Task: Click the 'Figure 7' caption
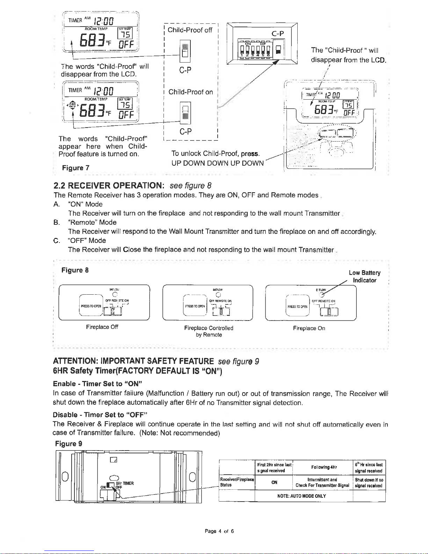click(x=75, y=168)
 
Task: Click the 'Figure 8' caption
click(x=75, y=270)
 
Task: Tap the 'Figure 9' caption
click(x=69, y=444)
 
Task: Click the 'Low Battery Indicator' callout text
click(x=364, y=276)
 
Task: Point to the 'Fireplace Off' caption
click(x=102, y=327)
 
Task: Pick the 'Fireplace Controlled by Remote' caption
click(x=209, y=331)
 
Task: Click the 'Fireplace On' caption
click(x=309, y=328)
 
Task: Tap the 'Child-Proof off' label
click(x=190, y=30)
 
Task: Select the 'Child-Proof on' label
click(x=190, y=92)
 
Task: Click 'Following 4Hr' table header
click(x=324, y=467)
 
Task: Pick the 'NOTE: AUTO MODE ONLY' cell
click(x=302, y=496)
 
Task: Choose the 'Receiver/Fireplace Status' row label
click(x=237, y=482)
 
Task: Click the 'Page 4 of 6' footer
click(x=219, y=531)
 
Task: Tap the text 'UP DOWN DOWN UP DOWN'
click(x=217, y=163)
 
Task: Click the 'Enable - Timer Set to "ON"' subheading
click(x=97, y=384)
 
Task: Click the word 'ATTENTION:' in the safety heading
click(x=75, y=361)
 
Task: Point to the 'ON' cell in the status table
click(x=274, y=482)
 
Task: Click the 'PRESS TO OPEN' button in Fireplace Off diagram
click(x=91, y=306)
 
